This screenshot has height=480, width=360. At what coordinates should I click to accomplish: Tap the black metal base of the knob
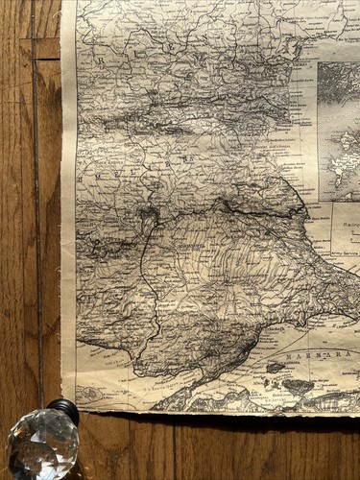tap(64, 410)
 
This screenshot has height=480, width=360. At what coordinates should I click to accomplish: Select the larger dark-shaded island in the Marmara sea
tap(298, 386)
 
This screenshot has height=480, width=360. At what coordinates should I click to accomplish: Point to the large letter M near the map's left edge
tap(80, 180)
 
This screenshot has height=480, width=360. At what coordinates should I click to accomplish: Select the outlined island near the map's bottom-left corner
tap(89, 394)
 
